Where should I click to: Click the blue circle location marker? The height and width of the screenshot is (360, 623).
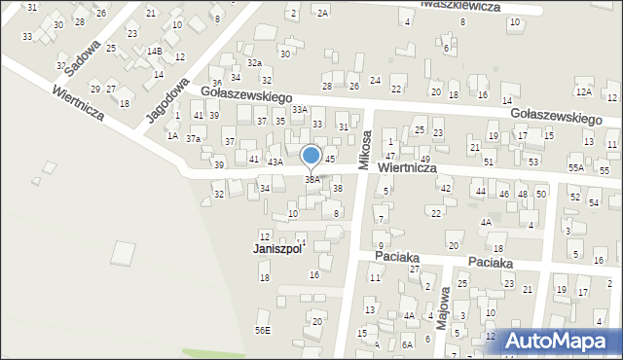311,156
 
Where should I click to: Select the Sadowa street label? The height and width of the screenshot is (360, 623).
81,58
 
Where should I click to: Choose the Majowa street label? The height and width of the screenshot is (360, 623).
443,310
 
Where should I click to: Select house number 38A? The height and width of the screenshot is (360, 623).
312,179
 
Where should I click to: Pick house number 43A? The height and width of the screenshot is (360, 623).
275,162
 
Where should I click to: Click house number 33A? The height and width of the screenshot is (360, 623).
300,110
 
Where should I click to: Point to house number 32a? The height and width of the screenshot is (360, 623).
254,62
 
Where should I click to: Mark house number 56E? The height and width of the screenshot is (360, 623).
263,331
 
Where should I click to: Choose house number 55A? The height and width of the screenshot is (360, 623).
576,168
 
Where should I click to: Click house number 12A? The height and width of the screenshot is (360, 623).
583,91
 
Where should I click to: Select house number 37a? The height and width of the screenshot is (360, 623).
194,139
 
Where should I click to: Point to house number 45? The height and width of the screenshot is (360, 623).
330,159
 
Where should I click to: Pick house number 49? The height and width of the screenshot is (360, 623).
425,159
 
